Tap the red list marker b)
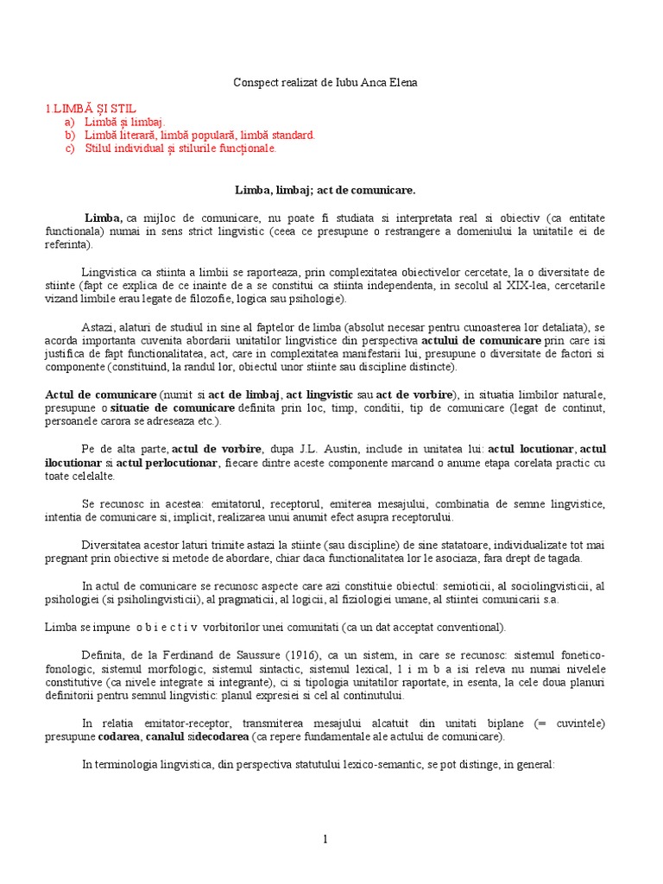click(x=69, y=136)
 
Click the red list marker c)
click(x=69, y=148)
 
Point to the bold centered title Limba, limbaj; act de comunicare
click(x=331, y=188)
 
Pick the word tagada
click(x=585, y=559)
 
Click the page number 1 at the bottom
click(x=325, y=838)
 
